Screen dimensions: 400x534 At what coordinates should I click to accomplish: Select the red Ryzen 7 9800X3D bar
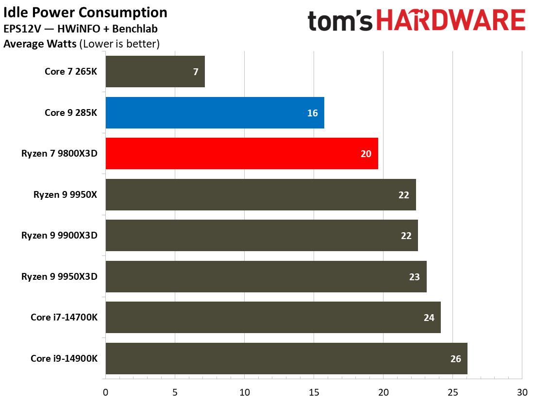coord(242,154)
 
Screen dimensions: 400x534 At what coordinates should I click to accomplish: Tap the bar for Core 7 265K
coord(155,72)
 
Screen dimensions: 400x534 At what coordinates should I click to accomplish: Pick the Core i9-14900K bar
coord(286,359)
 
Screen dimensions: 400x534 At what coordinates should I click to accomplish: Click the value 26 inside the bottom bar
coord(455,359)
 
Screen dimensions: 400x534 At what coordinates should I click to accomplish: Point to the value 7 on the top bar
coord(195,72)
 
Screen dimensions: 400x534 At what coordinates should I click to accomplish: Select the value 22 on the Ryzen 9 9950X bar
coord(404,195)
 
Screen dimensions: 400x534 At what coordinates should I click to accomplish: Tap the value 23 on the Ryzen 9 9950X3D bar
coord(414,277)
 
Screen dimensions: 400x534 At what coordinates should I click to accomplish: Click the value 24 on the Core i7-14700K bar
coord(428,318)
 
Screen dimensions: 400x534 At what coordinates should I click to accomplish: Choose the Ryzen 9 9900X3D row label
coord(59,236)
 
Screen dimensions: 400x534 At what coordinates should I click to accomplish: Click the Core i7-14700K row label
coord(64,318)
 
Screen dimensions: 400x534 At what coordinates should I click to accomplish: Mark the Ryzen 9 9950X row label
coord(66,195)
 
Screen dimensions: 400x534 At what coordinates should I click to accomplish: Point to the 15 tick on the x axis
coord(314,391)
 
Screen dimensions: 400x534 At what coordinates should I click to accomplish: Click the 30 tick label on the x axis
coord(522,391)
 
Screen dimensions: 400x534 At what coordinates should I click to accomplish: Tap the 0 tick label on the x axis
coord(105,391)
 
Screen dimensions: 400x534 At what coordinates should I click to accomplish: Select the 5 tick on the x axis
coord(175,391)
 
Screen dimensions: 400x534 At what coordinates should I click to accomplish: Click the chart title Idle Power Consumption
coord(85,13)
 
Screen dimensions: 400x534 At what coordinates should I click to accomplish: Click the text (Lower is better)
coord(119,44)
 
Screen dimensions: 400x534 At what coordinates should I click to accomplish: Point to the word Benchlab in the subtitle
coord(136,29)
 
